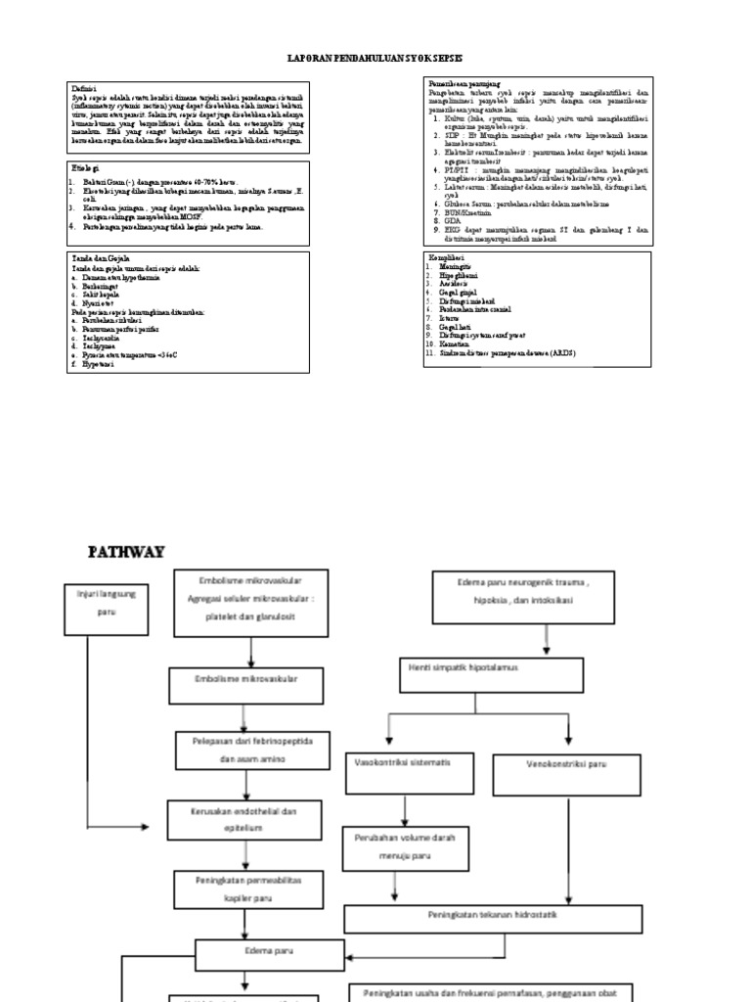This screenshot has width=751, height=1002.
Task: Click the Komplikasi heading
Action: (x=446, y=256)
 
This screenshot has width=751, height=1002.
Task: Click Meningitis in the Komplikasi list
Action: (x=457, y=265)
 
